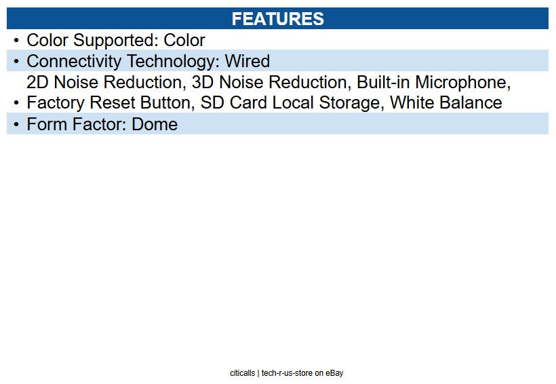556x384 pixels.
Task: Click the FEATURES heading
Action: click(x=277, y=19)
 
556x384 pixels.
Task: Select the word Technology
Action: click(x=174, y=62)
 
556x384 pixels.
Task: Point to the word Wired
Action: click(x=247, y=61)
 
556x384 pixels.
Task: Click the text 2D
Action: click(x=37, y=82)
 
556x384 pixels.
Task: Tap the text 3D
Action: click(x=203, y=82)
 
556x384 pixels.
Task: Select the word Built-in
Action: click(x=383, y=82)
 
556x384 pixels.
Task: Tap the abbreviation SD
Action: click(x=212, y=103)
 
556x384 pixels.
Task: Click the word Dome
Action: click(x=155, y=125)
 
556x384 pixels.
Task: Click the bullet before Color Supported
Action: click(x=16, y=41)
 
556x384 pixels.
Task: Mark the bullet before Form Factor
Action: click(x=16, y=125)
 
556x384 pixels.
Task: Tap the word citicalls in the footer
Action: click(x=243, y=373)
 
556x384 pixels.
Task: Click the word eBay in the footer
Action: click(x=334, y=373)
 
